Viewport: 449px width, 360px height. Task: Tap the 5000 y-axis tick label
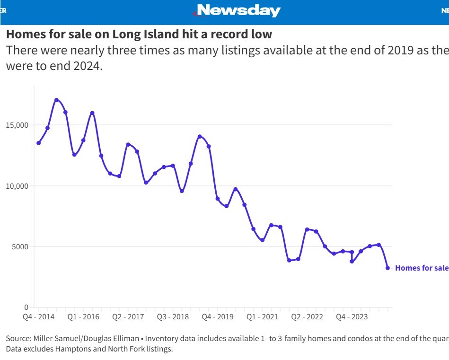tap(21, 246)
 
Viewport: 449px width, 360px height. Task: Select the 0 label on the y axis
tap(26, 307)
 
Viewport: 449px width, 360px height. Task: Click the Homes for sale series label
tap(422, 268)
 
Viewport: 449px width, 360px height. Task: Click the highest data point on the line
tap(56, 100)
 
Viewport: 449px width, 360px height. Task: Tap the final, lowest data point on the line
tap(387, 268)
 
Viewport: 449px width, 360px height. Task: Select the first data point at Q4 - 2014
tap(38, 143)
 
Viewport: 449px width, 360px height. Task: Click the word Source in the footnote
tap(17, 339)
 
